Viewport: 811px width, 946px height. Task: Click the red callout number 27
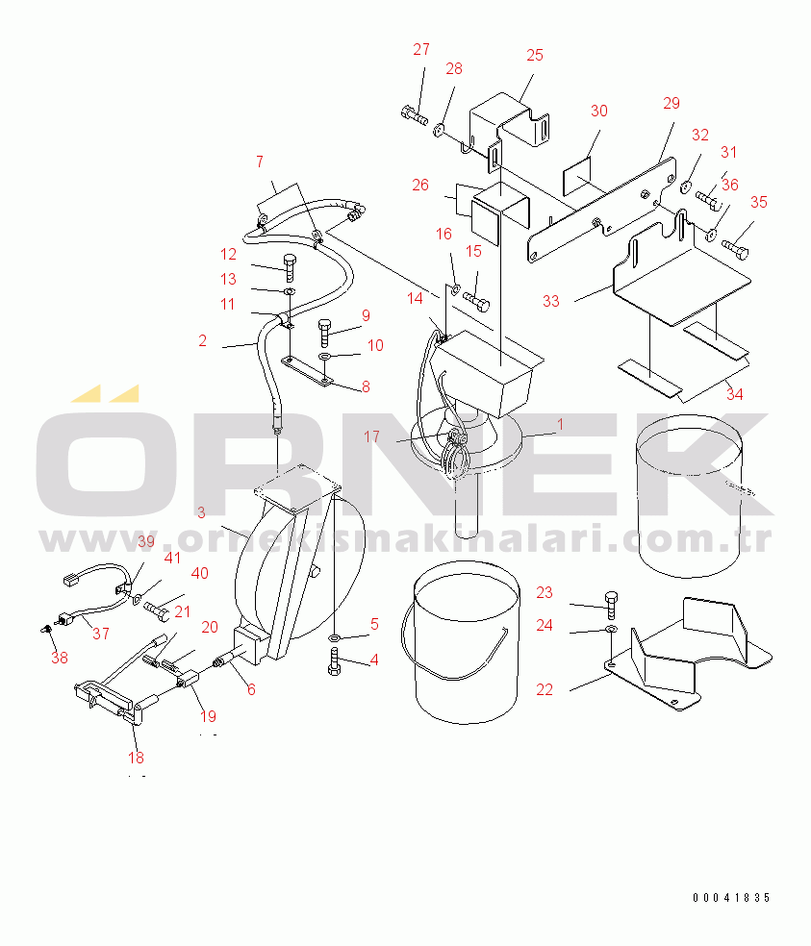[x=421, y=49]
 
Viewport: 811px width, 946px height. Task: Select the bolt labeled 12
[x=290, y=267]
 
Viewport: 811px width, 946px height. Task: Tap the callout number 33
[x=550, y=301]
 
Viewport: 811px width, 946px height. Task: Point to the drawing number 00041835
[x=731, y=898]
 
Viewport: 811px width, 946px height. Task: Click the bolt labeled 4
[x=334, y=661]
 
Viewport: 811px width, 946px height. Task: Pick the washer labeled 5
[x=335, y=637]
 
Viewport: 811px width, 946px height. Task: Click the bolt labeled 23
[x=611, y=605]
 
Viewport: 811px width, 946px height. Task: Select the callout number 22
[x=545, y=689]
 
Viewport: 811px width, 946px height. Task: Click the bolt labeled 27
[x=414, y=114]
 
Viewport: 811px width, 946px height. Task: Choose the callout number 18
[x=136, y=758]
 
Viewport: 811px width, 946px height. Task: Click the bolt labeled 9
[x=324, y=333]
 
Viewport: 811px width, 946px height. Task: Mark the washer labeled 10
[x=325, y=357]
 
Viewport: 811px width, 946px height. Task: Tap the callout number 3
[x=201, y=512]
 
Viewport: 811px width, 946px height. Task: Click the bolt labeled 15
[x=476, y=301]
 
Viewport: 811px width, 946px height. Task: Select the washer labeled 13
[x=290, y=292]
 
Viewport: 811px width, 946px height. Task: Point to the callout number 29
[x=671, y=103]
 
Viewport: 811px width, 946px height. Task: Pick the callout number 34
[x=734, y=394]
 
